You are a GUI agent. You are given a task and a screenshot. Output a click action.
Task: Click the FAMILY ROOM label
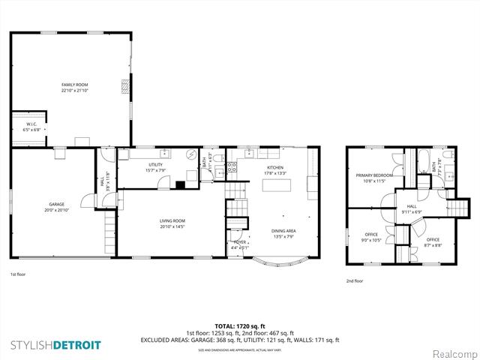coord(74,85)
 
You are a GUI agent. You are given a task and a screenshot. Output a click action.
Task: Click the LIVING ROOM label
coord(172,220)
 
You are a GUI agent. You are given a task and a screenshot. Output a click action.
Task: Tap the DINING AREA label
coord(283,231)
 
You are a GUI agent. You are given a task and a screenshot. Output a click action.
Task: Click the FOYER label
coord(239,242)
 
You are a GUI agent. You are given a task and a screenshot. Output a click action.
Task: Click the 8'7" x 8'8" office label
coord(433,239)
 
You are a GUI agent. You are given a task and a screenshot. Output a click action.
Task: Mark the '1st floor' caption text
coord(18,275)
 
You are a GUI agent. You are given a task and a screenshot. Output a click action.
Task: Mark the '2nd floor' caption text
coord(355,280)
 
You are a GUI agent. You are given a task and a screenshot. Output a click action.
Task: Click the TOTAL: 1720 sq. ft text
coord(240,326)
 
